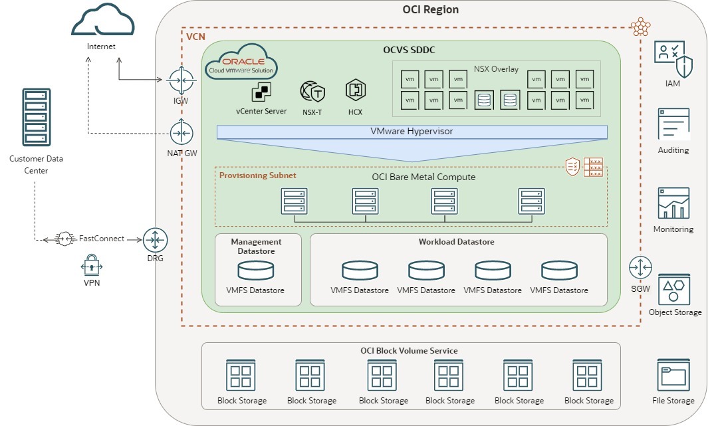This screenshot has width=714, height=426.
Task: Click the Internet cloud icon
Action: pyautogui.click(x=102, y=20)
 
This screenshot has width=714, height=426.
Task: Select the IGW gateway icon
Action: pyautogui.click(x=179, y=80)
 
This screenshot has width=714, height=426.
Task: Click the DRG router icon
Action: pyautogui.click(x=156, y=239)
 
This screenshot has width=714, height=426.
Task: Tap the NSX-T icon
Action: pyautogui.click(x=311, y=91)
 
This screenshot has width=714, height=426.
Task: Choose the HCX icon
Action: pyautogui.click(x=354, y=90)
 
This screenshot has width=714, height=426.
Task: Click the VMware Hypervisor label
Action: pyautogui.click(x=411, y=132)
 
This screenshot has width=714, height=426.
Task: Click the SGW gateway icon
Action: pyautogui.click(x=641, y=267)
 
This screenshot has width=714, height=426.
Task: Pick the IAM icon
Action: pyautogui.click(x=673, y=59)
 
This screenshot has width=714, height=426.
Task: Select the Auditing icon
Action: pyautogui.click(x=673, y=124)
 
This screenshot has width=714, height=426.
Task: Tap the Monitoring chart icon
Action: pyautogui.click(x=673, y=203)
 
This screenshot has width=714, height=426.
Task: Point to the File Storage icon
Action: pyautogui.click(x=673, y=375)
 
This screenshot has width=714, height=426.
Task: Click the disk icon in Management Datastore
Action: pyautogui.click(x=256, y=270)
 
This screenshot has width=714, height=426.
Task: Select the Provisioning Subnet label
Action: pyautogui.click(x=258, y=175)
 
